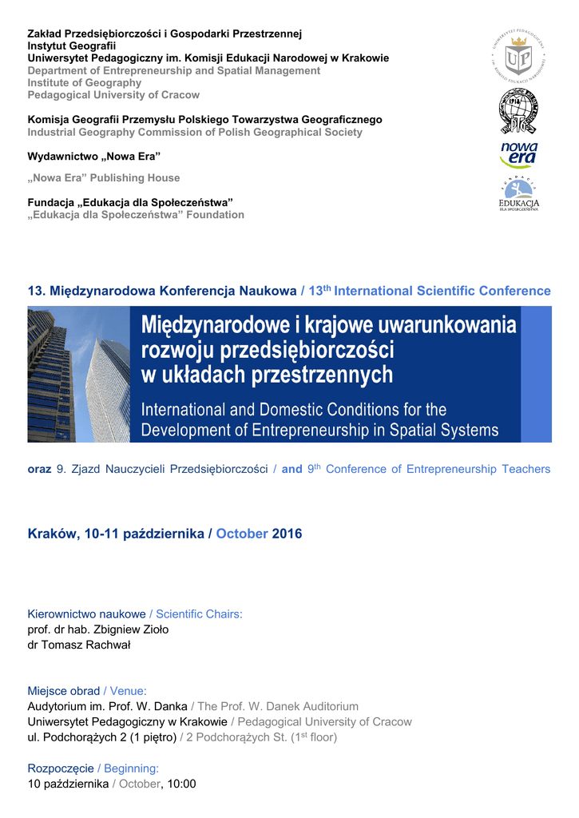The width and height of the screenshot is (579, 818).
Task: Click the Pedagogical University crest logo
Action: (x=519, y=56)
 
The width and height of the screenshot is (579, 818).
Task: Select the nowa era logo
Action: (x=519, y=155)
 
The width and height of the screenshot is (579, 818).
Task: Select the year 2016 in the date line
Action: (x=288, y=534)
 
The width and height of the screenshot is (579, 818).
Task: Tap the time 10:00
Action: (x=180, y=784)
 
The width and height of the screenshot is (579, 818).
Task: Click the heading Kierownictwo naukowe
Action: (x=86, y=614)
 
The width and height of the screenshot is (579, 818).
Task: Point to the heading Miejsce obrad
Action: (x=64, y=691)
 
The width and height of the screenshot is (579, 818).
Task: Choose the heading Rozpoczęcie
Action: (x=61, y=768)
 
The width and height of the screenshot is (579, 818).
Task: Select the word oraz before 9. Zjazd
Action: (x=40, y=469)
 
